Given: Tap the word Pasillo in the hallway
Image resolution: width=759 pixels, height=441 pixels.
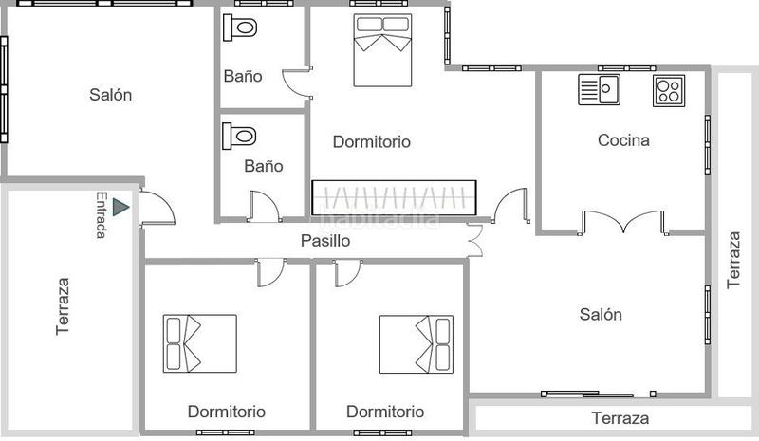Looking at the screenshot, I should click(325, 241).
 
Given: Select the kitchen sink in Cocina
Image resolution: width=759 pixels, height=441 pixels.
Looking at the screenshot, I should click(599, 90).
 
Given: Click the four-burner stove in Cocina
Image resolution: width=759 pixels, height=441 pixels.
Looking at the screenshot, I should click(668, 90).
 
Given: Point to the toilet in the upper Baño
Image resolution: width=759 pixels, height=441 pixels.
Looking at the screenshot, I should click(241, 28).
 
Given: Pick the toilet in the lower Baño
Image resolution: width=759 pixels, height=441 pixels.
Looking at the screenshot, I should click(241, 136).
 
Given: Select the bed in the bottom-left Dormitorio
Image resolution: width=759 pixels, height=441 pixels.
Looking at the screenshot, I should click(199, 343).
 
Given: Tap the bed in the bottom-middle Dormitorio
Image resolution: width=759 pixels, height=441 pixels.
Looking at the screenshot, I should click(416, 343).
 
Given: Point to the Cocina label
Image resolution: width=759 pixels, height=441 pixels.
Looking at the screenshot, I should click(623, 140).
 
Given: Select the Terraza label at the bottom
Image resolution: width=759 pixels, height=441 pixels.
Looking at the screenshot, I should click(620, 418).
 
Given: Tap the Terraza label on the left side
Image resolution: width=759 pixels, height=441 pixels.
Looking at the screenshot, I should click(63, 305).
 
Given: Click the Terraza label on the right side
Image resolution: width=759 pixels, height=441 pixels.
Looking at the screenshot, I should click(733, 259).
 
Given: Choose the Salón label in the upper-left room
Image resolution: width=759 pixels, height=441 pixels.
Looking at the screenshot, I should click(111, 95).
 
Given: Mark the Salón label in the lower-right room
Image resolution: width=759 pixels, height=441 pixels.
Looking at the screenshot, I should click(601, 315).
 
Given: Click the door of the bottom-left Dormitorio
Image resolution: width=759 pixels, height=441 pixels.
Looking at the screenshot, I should click(271, 272).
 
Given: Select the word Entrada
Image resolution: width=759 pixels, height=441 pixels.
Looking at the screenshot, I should click(102, 215).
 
